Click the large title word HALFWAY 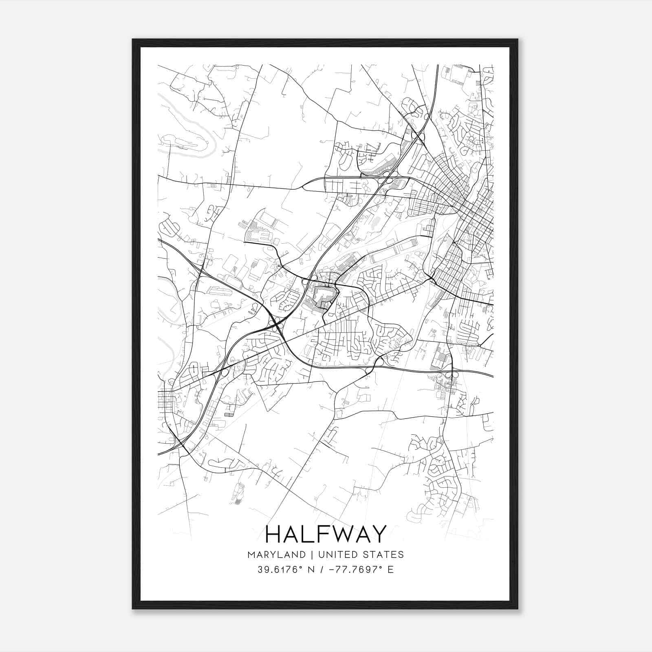(325, 534)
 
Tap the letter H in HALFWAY (274, 534)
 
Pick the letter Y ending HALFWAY (378, 534)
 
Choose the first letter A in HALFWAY (291, 534)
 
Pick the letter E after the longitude (390, 570)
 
